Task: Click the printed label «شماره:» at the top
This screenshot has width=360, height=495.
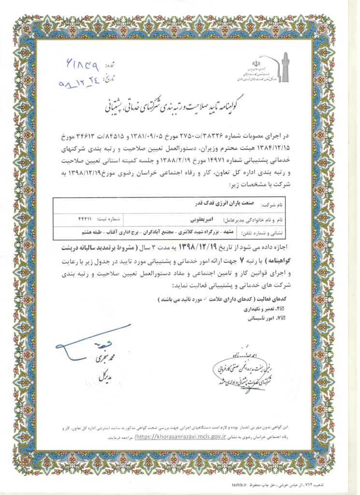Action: pos(111,63)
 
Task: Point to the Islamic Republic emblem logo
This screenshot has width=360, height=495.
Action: pos(258,63)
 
